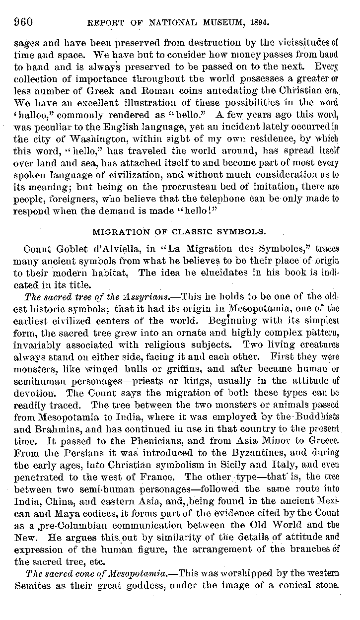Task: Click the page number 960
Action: (23, 21)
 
